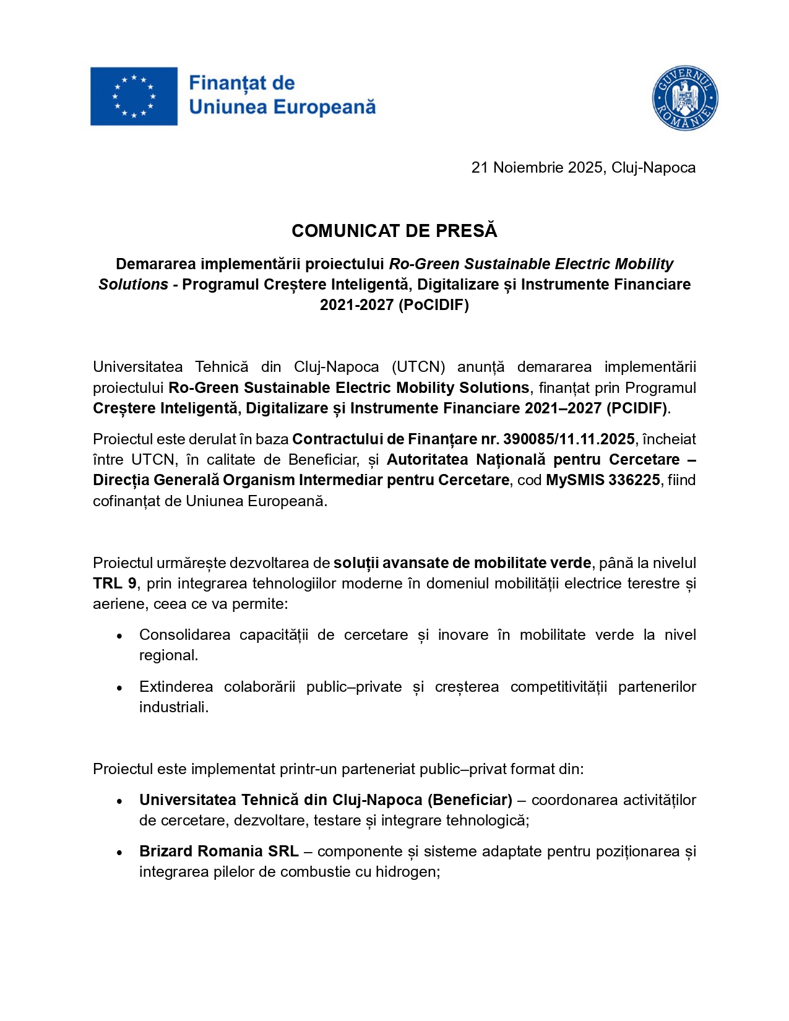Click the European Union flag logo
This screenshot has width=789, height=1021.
tap(134, 97)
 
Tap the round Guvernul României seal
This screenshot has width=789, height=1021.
tap(684, 98)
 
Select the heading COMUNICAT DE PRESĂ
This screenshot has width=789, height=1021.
tap(394, 231)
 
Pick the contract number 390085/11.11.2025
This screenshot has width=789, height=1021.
tap(569, 439)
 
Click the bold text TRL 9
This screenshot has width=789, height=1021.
tap(114, 584)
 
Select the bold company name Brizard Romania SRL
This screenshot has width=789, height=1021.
tap(218, 851)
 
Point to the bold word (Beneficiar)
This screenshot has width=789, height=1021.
tap(470, 800)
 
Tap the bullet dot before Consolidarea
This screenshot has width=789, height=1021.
tap(119, 636)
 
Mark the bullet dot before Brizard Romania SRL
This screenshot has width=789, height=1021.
tap(119, 853)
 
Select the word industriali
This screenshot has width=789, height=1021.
tap(173, 707)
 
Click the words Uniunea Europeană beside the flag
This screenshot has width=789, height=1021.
tap(282, 108)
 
